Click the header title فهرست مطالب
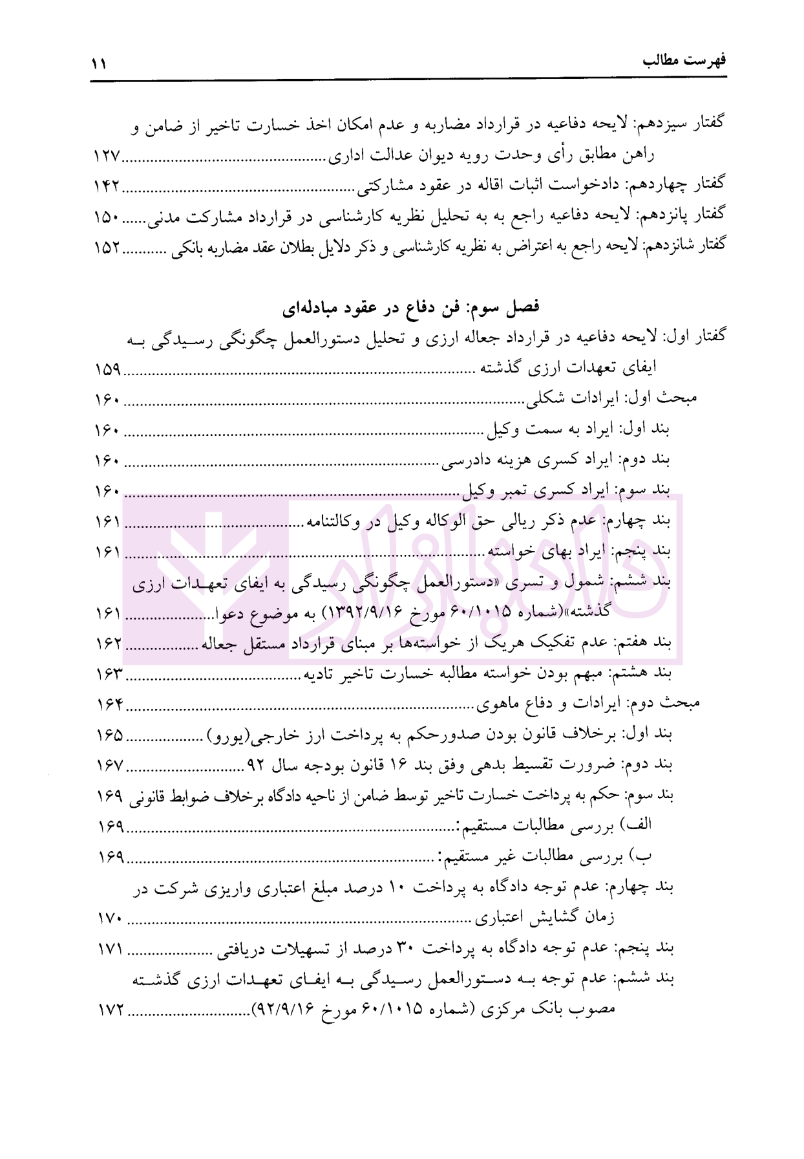click(684, 61)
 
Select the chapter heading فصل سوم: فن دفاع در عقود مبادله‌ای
click(411, 308)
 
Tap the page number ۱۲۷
click(107, 157)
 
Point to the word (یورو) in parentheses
click(227, 735)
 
